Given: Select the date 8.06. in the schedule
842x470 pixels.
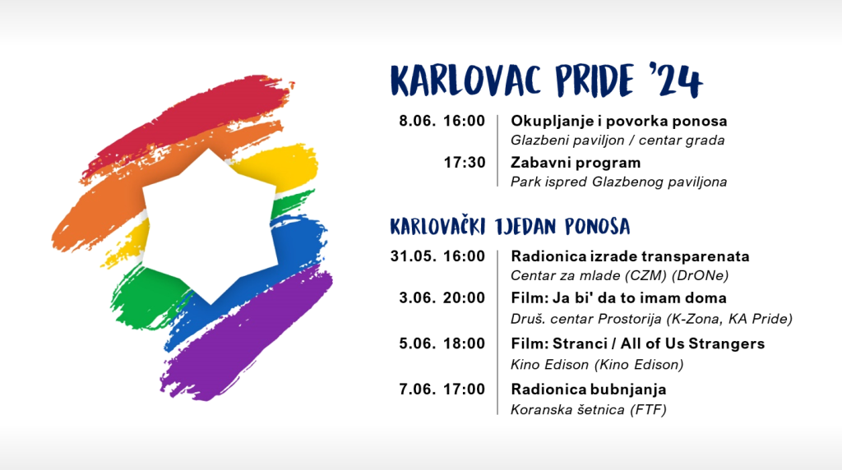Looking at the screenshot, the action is point(417,121).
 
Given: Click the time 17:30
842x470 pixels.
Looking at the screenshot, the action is point(465,162).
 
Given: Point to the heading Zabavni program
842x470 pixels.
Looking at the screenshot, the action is point(576,163).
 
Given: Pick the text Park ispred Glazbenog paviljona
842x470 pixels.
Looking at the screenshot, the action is point(618,182).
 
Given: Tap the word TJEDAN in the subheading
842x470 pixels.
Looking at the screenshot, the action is point(525,227).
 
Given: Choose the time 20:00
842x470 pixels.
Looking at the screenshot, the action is point(464,297).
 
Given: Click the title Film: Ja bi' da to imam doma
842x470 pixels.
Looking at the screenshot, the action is point(618,297).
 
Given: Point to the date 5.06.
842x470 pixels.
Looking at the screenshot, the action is point(417,343).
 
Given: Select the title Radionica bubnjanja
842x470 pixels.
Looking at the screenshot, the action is point(589,389).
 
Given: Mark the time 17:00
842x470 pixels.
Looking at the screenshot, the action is point(465,389).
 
